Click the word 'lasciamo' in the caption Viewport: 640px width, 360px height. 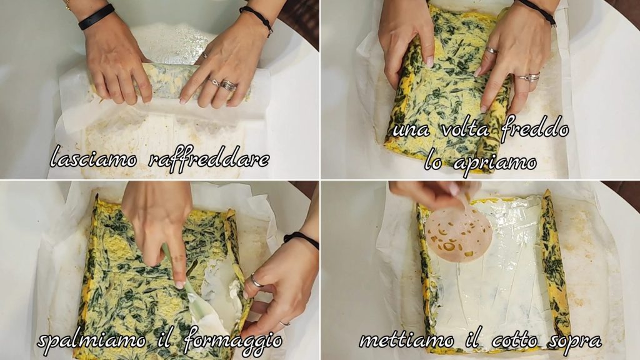point(94,157)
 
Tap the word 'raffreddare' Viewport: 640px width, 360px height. point(209,157)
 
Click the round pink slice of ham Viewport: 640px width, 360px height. point(457,235)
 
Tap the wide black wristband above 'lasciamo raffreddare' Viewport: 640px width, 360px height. point(96,16)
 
